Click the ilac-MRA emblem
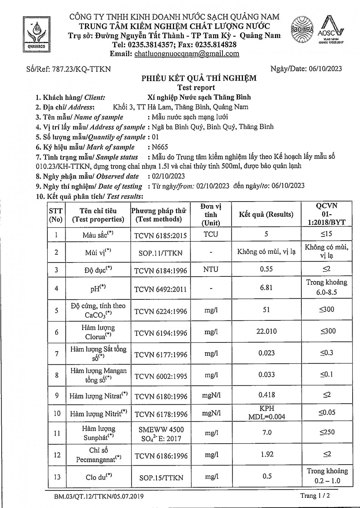(x=302, y=29)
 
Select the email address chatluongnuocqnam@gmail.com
(x=187, y=54)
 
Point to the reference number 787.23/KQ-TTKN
(x=81, y=69)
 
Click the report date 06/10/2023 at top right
(x=325, y=69)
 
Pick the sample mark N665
(x=160, y=147)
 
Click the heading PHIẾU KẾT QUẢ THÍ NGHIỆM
(x=199, y=78)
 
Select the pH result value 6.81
(x=266, y=288)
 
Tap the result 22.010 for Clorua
(x=267, y=331)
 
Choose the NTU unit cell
(x=211, y=270)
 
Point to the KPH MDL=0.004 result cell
(x=267, y=412)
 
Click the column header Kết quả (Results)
(x=266, y=214)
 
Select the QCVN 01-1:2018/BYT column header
(x=326, y=214)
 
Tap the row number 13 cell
(x=57, y=477)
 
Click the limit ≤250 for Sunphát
(x=327, y=432)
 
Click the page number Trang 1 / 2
(x=314, y=496)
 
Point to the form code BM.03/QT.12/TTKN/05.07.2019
(x=99, y=496)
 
